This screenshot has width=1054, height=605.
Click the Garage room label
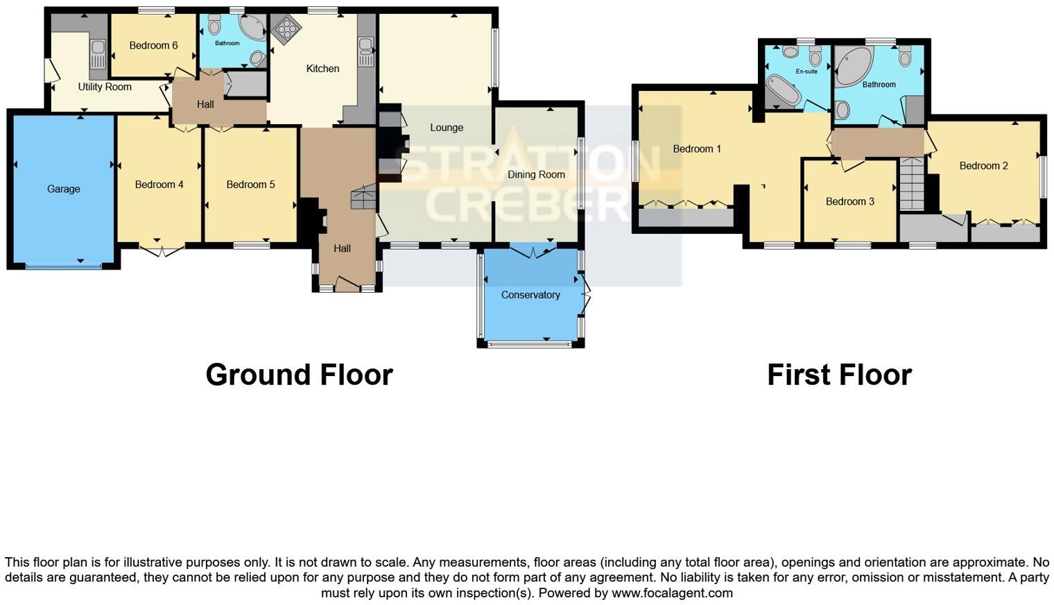coord(63,189)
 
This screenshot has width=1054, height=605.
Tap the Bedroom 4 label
coord(159,185)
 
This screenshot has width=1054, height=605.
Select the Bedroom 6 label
coord(153,46)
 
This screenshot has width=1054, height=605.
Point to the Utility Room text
coord(105,87)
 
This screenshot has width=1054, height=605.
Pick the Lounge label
coord(446,128)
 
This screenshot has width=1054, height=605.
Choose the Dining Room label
coord(536,175)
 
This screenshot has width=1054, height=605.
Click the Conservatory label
coord(530,295)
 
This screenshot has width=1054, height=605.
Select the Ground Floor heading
coord(299,375)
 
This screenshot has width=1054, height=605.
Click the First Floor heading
coord(839,375)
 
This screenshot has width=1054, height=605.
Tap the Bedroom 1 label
coord(697,149)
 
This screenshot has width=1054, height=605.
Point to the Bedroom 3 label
coord(849,202)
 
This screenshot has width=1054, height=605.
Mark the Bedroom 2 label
coord(983,166)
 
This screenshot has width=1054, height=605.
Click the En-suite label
coord(806,71)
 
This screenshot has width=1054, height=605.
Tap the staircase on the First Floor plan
coord(911,185)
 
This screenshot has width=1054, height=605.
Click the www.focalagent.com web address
coord(671,593)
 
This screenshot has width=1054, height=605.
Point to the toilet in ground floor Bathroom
coord(214,26)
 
